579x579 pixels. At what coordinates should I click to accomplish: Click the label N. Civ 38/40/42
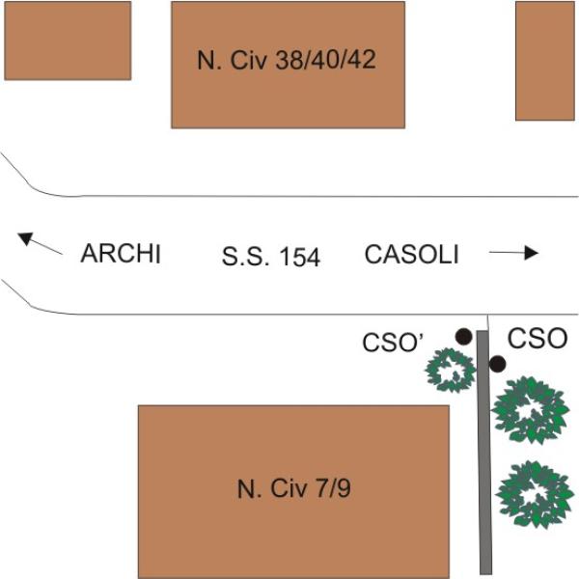tap(287, 60)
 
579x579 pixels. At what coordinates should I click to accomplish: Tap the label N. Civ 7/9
tap(294, 488)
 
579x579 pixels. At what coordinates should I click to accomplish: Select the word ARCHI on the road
tap(121, 254)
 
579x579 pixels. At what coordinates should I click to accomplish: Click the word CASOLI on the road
tap(412, 255)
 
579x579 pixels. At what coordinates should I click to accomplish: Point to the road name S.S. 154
tap(270, 257)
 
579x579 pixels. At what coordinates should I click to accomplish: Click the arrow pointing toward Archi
tap(40, 243)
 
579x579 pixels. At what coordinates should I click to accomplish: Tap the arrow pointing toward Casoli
tap(513, 253)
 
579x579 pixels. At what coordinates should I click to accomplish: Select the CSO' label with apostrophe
tap(393, 343)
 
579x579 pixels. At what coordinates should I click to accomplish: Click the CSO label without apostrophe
tap(538, 339)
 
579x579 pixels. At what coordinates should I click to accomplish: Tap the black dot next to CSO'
tap(464, 337)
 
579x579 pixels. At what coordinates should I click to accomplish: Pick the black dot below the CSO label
tap(497, 364)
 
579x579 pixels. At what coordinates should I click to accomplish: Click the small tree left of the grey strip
tap(451, 370)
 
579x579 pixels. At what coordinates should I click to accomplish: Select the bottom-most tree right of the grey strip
tap(535, 494)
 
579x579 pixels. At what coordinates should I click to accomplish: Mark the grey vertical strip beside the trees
tap(484, 453)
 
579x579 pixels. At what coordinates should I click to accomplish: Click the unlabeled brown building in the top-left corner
tap(68, 41)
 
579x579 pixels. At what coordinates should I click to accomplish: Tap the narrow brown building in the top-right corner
tap(545, 61)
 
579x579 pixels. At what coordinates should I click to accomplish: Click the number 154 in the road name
tap(299, 257)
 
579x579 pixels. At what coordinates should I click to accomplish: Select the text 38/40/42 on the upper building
tap(326, 60)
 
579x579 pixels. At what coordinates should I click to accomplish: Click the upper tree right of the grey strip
tap(531, 410)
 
